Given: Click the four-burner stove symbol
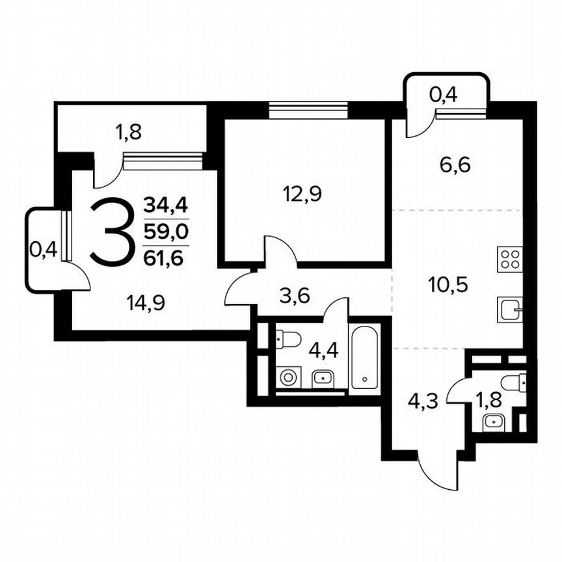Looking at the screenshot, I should point(510,259).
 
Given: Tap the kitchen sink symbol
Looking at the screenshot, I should point(509,310).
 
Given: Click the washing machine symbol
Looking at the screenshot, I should point(287,377).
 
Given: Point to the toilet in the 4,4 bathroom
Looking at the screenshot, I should point(288,339).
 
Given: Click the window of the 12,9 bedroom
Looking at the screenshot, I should point(308,110).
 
